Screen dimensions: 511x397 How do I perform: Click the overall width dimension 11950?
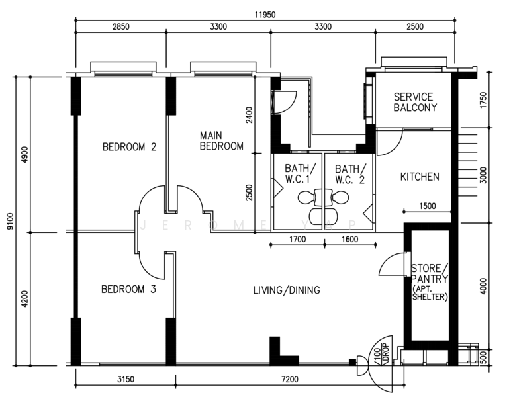[x=265, y=15]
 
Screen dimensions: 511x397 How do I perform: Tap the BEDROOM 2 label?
[x=129, y=146]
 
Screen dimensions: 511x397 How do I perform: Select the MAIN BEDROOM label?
[x=221, y=141]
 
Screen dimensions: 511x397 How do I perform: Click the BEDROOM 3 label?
[x=128, y=289]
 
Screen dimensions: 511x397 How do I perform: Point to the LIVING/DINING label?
[x=287, y=290]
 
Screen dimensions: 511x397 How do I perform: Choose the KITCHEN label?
[x=420, y=177]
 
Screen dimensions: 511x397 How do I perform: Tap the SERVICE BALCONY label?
[x=415, y=103]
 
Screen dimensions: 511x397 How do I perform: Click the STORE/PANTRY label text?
[x=429, y=273]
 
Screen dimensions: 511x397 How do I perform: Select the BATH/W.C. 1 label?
[x=300, y=173]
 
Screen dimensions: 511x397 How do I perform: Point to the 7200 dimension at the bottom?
[x=289, y=379]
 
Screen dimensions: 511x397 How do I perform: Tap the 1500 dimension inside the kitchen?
[x=427, y=206]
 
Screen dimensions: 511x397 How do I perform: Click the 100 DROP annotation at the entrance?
[x=381, y=354]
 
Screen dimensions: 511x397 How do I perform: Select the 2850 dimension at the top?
[x=121, y=26]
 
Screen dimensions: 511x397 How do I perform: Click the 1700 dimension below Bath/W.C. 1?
[x=298, y=240]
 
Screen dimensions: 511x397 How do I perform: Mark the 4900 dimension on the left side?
[x=24, y=155]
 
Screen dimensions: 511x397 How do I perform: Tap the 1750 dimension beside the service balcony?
[x=483, y=100]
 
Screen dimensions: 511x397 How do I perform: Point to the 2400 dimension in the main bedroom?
[x=250, y=115]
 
